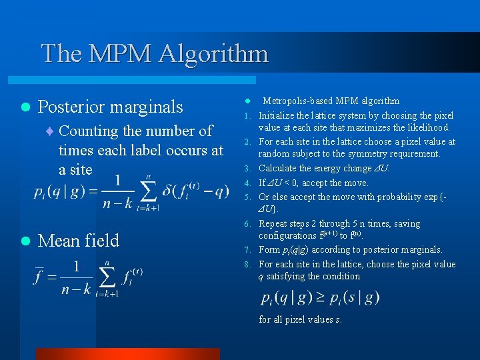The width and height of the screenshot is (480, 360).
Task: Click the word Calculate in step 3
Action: (x=279, y=169)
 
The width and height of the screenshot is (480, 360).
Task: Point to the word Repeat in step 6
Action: (x=273, y=224)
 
